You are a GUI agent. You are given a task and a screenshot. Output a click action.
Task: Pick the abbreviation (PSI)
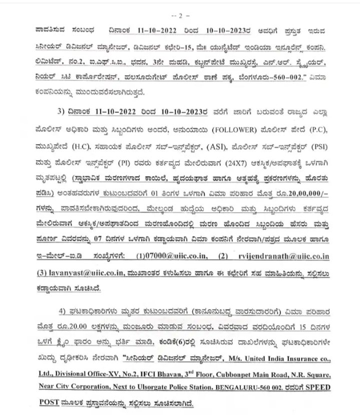318,149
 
